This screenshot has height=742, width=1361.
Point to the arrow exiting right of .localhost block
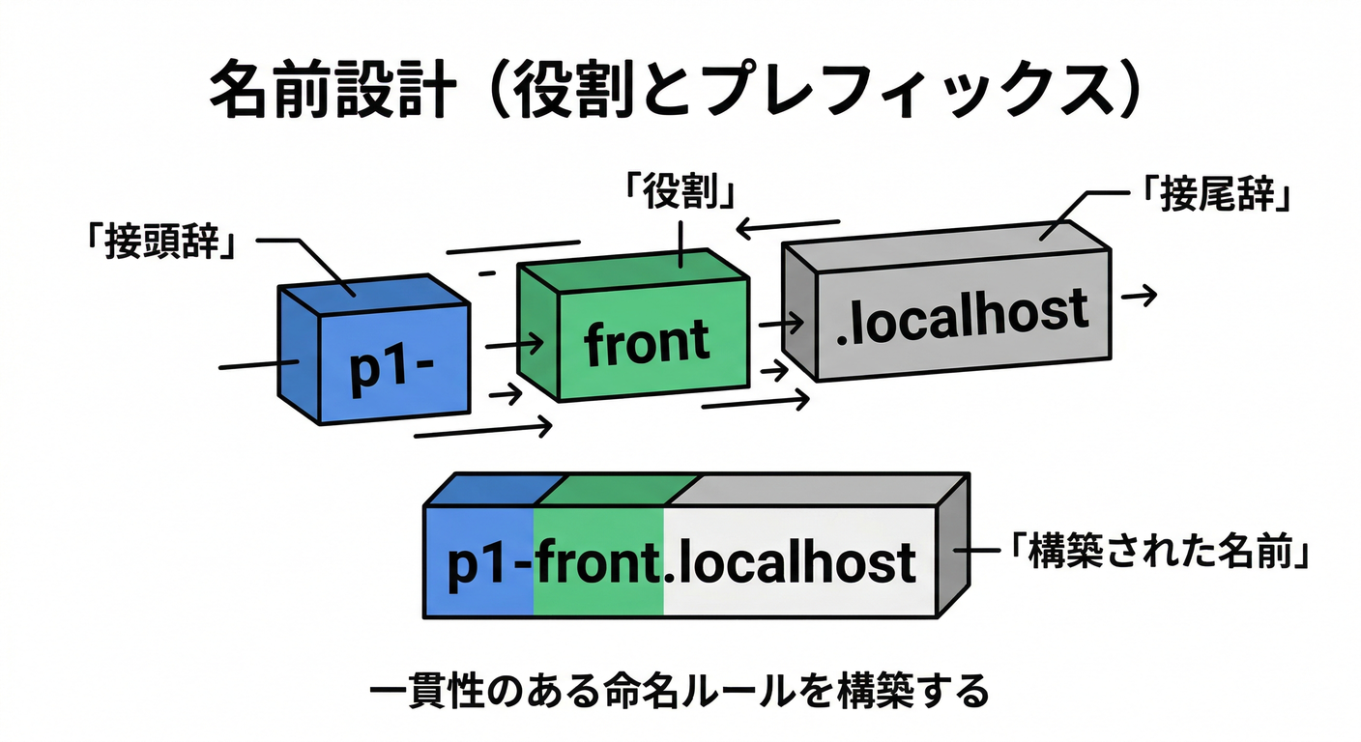1138,297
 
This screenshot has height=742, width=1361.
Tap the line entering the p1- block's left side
253,364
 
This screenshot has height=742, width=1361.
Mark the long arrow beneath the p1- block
483,428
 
